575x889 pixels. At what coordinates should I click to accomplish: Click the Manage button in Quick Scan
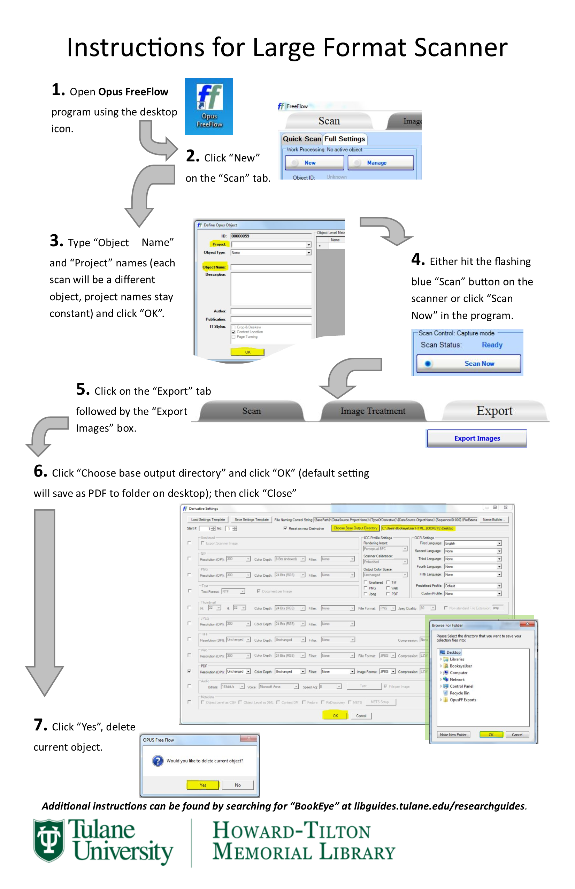pyautogui.click(x=380, y=163)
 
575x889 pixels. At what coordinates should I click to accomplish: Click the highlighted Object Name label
pyautogui.click(x=214, y=267)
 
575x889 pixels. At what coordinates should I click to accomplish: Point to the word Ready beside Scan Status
pyautogui.click(x=492, y=345)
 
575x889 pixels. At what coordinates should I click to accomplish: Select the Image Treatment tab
pyautogui.click(x=373, y=411)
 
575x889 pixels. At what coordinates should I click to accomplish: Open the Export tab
pyautogui.click(x=495, y=411)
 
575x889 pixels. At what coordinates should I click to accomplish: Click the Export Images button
pyautogui.click(x=477, y=439)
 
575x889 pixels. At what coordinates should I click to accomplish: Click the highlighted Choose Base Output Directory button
pyautogui.click(x=355, y=528)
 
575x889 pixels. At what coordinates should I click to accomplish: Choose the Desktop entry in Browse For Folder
pyautogui.click(x=453, y=653)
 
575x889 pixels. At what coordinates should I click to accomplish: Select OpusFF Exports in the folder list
pyautogui.click(x=463, y=700)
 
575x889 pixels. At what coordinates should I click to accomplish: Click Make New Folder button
pyautogui.click(x=453, y=735)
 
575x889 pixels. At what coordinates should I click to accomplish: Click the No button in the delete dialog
pyautogui.click(x=238, y=785)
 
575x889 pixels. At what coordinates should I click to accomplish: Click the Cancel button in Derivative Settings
pyautogui.click(x=361, y=716)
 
